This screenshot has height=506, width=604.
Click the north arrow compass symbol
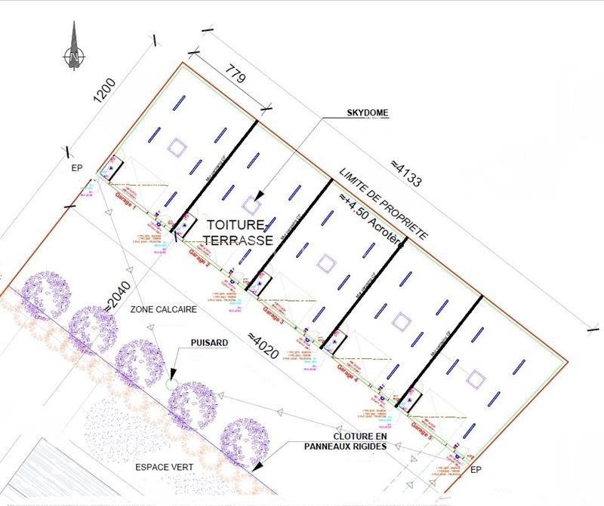click(73, 48)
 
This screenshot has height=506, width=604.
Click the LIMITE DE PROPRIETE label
click(383, 204)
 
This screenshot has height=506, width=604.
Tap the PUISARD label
click(209, 341)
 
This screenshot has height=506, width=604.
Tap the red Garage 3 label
click(272, 315)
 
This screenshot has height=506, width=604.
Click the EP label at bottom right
click(475, 470)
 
